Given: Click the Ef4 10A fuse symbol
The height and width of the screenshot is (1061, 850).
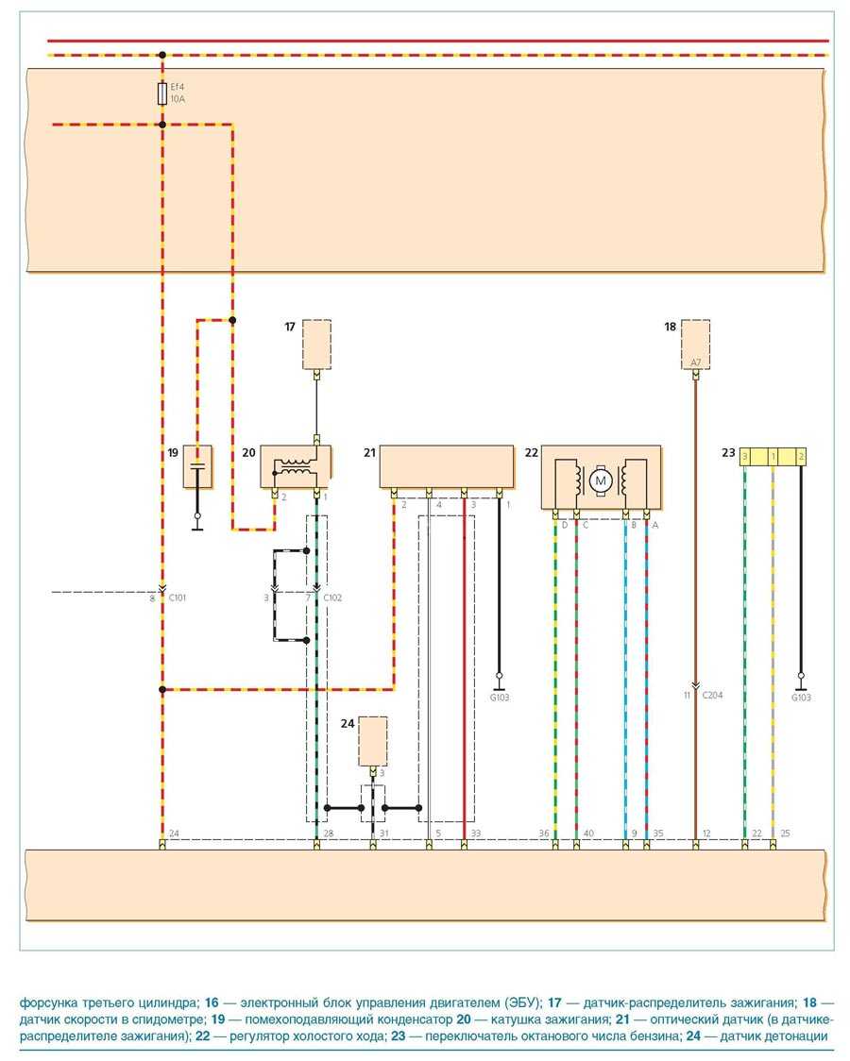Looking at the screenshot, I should (162, 93).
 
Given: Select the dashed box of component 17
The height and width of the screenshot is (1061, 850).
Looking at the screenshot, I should (316, 344).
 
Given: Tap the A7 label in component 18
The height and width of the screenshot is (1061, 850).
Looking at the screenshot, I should (695, 362).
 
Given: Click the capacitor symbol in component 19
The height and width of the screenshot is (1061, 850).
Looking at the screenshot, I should (197, 466).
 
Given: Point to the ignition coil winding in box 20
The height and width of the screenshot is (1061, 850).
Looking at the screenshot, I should (296, 467).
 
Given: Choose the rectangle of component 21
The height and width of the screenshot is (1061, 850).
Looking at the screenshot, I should (446, 466).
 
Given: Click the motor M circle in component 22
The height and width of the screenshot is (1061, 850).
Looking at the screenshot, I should (600, 481).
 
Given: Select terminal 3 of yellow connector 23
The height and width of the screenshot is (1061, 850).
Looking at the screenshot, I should (746, 457).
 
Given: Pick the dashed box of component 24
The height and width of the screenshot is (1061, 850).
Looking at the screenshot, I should (373, 741).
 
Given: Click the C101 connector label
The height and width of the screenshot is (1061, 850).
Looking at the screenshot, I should (177, 598).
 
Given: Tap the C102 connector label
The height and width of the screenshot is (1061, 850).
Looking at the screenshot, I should (332, 598).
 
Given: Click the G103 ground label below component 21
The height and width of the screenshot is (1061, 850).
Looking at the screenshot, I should (500, 698).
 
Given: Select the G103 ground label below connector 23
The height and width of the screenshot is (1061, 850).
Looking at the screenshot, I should (801, 698).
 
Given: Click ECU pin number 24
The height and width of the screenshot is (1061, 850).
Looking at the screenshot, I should (174, 834).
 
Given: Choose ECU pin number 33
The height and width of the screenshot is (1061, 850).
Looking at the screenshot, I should (475, 834).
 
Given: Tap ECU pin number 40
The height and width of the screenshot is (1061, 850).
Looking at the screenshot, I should (588, 834).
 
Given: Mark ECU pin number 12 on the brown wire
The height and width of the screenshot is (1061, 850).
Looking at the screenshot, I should (707, 834).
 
